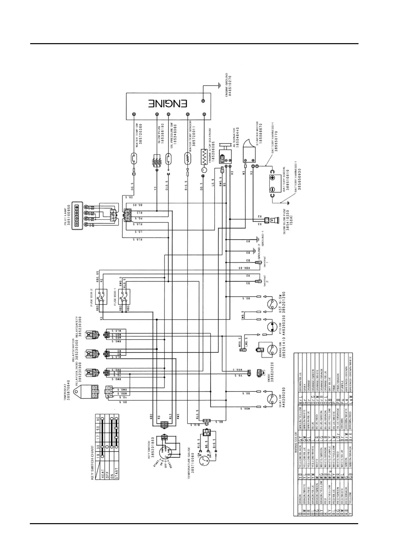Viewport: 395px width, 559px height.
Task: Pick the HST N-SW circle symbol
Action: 272,303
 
